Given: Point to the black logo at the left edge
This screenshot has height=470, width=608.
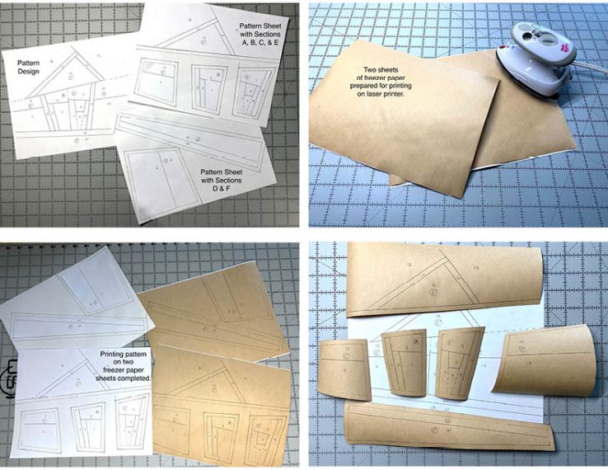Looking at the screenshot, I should click(7, 377).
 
